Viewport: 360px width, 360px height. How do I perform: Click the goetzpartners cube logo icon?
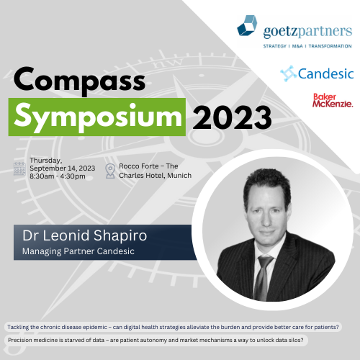[x=247, y=25]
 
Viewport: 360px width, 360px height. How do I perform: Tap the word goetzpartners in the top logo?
[x=307, y=32]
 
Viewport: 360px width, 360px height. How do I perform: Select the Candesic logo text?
[x=325, y=73]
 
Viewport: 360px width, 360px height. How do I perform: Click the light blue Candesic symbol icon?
[x=289, y=73]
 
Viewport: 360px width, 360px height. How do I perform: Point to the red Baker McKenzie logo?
[x=333, y=100]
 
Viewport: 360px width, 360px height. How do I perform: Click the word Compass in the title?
[x=79, y=80]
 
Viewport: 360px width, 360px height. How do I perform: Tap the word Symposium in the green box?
[x=98, y=117]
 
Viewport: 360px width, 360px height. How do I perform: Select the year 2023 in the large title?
[x=232, y=117]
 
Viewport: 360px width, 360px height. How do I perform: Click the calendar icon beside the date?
[x=19, y=168]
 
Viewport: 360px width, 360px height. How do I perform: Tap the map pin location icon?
[x=110, y=171]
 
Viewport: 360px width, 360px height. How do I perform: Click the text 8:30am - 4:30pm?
[x=58, y=176]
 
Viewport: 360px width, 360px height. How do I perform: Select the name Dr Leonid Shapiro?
[x=84, y=235]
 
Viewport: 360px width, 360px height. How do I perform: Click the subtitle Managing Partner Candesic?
[x=78, y=251]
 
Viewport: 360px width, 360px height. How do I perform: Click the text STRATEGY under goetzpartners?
[x=275, y=46]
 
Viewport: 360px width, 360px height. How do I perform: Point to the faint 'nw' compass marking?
[x=168, y=63]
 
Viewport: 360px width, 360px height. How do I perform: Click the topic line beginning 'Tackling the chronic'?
[x=173, y=327]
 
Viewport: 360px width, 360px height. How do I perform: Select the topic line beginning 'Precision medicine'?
[x=156, y=340]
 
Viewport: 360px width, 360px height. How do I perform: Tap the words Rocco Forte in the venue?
[x=139, y=166]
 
